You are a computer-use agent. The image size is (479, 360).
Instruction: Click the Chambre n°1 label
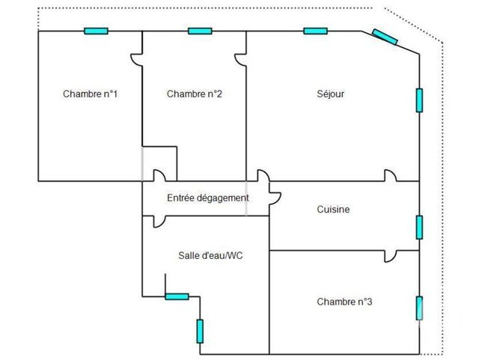pyautogui.click(x=90, y=94)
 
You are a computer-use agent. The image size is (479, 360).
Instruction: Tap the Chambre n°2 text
pyautogui.click(x=195, y=94)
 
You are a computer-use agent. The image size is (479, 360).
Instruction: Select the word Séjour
pyautogui.click(x=331, y=94)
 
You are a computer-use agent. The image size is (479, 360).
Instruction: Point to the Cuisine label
pyautogui.click(x=333, y=210)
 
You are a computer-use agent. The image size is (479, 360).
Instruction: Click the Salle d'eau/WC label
pyautogui.click(x=210, y=255)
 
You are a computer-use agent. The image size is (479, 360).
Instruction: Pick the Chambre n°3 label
pyautogui.click(x=344, y=302)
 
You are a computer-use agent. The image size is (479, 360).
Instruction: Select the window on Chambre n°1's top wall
pyautogui.click(x=96, y=31)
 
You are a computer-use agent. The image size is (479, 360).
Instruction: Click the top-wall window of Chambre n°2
pyautogui.click(x=200, y=31)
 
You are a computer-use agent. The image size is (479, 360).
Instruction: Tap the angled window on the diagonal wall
pyautogui.click(x=385, y=37)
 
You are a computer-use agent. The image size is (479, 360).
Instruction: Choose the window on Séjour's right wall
pyautogui.click(x=419, y=100)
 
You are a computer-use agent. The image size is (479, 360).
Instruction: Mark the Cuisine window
pyautogui.click(x=419, y=227)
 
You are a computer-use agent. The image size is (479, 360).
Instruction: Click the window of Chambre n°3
pyautogui.click(x=419, y=308)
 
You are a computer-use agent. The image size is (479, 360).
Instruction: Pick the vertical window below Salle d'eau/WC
pyautogui.click(x=200, y=332)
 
